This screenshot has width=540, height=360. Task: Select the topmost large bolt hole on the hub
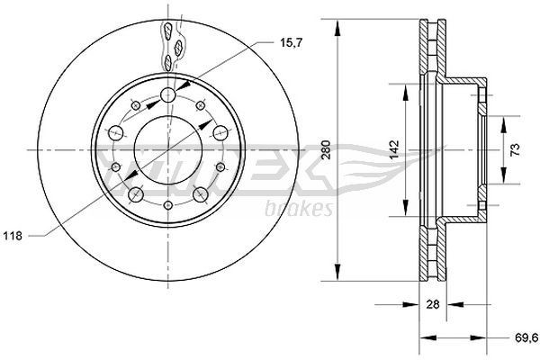[168, 95]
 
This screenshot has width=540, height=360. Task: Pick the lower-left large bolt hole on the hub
[136, 194]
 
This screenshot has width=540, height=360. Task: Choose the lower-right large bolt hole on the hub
[200, 194]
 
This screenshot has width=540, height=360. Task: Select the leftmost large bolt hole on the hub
[115, 132]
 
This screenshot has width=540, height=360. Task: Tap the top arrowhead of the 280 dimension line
[338, 26]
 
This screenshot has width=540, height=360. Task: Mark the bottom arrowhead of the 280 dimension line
[338, 271]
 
